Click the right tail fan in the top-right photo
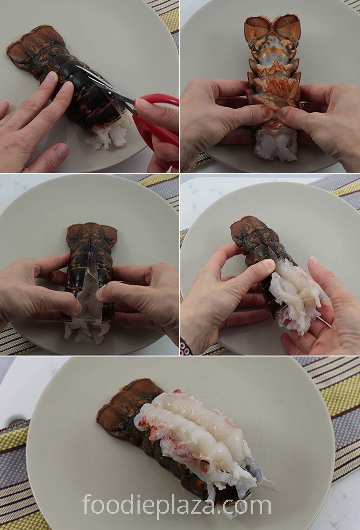pos(287,27)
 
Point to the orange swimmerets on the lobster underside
pos(274,91)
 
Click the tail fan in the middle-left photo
pos(91,235)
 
